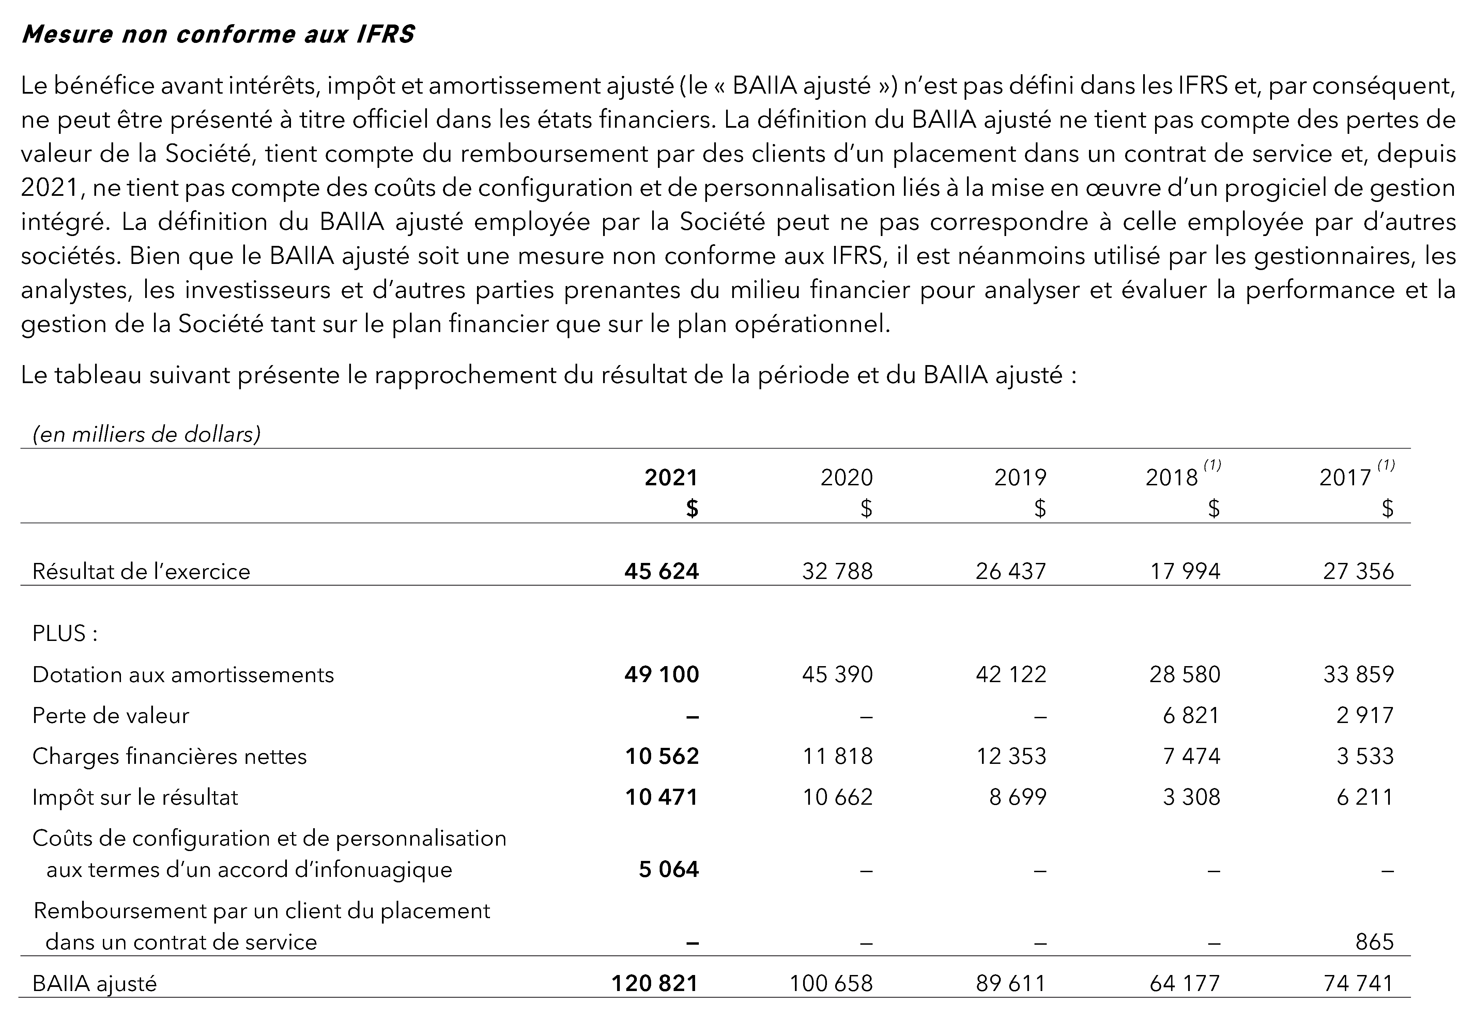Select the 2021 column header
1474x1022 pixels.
pyautogui.click(x=671, y=478)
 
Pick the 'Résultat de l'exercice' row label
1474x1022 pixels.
pyautogui.click(x=141, y=571)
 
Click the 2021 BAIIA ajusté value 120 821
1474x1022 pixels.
pyautogui.click(x=654, y=983)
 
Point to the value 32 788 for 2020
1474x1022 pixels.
pyautogui.click(x=837, y=571)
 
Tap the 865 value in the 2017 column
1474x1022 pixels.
pyautogui.click(x=1374, y=942)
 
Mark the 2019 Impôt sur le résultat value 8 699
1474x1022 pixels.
pyautogui.click(x=1017, y=797)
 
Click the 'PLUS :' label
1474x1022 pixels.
pyautogui.click(x=65, y=633)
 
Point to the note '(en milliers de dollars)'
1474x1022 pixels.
pyautogui.click(x=147, y=435)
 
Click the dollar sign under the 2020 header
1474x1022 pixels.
pyautogui.click(x=866, y=508)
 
